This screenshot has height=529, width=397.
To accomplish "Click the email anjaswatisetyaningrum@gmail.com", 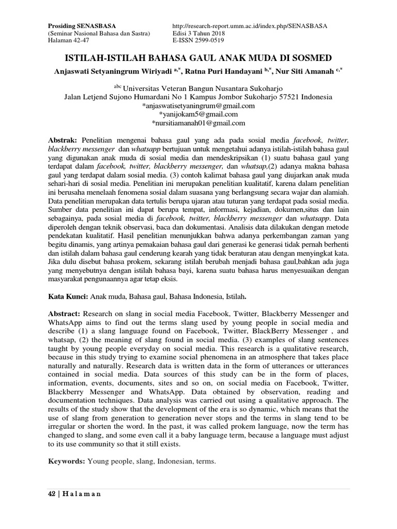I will coord(198,105).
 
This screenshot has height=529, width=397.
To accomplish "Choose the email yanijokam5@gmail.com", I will coord(198,114).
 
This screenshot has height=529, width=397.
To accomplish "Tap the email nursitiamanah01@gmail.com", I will coord(198,123).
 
